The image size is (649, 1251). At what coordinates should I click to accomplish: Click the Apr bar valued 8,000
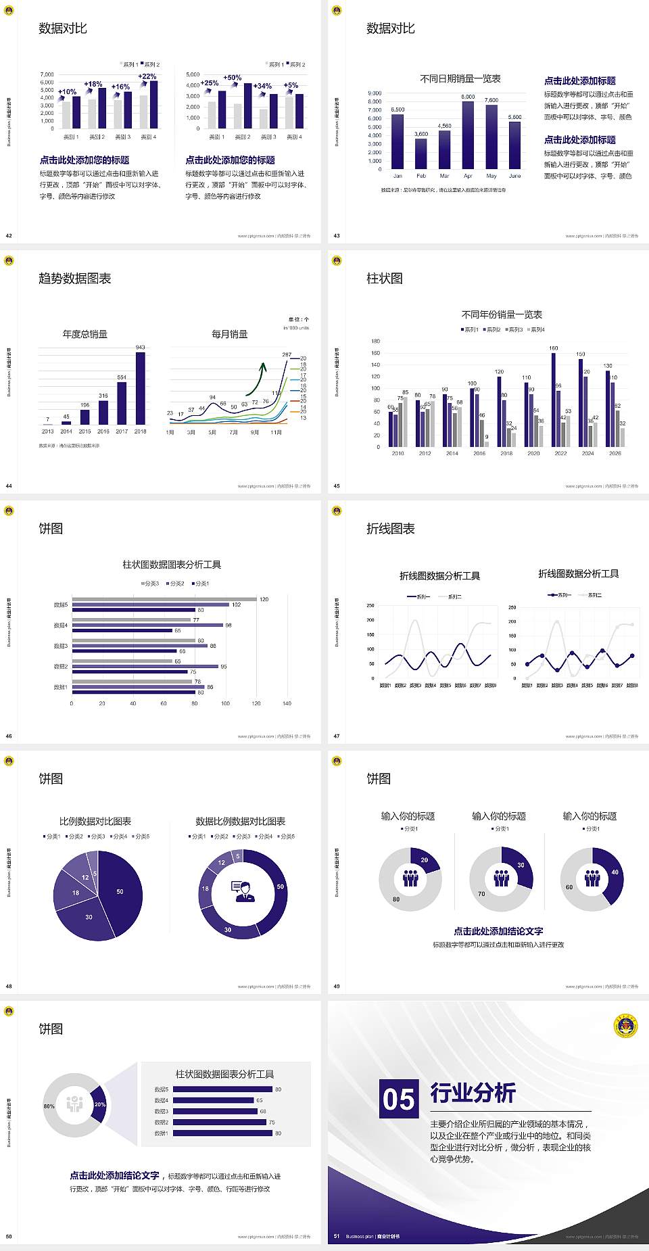coord(468,135)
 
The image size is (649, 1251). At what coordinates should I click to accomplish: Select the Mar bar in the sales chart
coord(444,149)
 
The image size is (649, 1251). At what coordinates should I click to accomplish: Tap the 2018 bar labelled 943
coord(140,388)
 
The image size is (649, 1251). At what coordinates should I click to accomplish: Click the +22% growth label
coord(147,76)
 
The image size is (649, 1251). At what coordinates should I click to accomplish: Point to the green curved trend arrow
coord(256,379)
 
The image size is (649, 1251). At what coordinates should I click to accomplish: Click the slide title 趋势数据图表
coord(75,279)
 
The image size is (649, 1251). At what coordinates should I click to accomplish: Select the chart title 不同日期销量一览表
coord(460,79)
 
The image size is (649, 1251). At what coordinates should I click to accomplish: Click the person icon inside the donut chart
coord(243,891)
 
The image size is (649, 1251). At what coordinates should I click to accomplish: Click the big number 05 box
coord(399,1099)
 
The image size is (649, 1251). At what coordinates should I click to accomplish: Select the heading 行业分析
coord(473,1093)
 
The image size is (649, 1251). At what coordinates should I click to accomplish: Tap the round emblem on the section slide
coord(625,1026)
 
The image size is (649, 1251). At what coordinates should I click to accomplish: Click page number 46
coord(9,736)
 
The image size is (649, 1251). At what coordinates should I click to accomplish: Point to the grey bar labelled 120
coord(164,599)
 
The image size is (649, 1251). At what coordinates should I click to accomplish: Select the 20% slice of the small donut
coord(99,1104)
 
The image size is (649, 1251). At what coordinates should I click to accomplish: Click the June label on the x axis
coord(515,176)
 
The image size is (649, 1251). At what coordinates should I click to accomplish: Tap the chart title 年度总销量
coord(85,334)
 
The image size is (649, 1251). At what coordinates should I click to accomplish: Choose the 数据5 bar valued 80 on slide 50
coord(222,1089)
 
